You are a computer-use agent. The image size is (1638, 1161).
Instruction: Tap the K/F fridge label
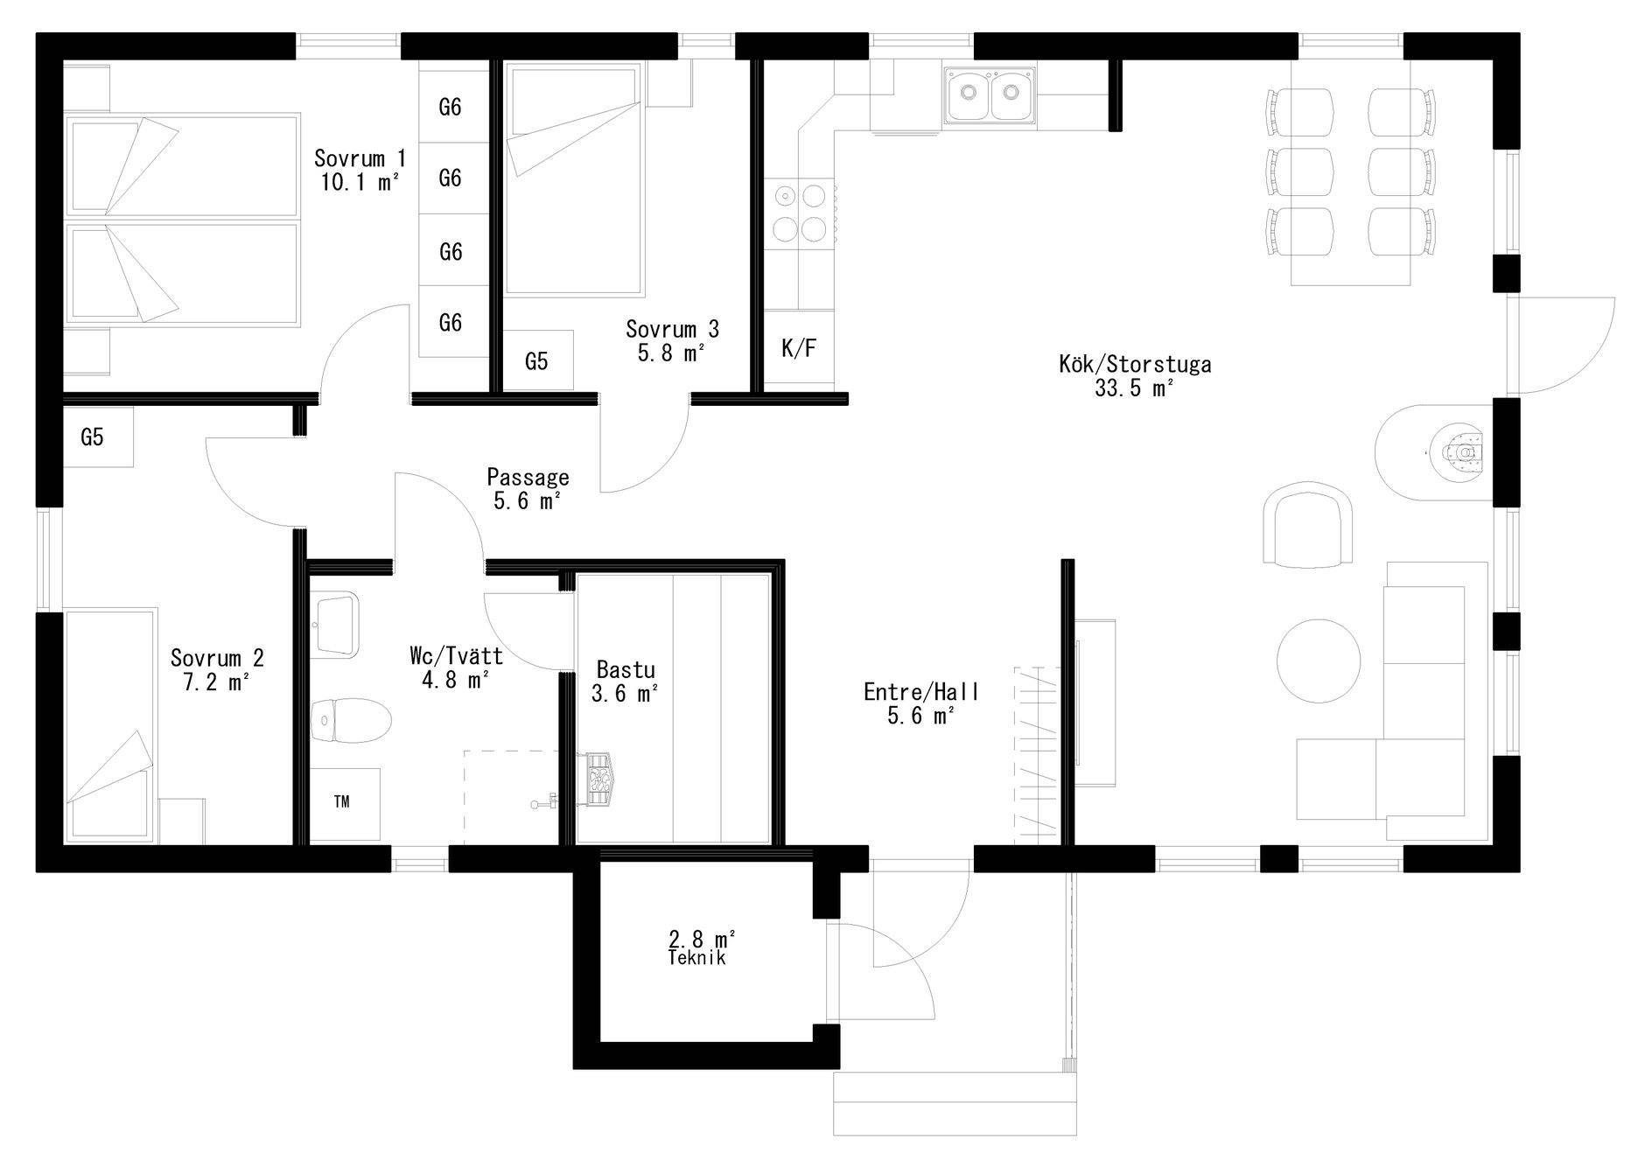coord(799,349)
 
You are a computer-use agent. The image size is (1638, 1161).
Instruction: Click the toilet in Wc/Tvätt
coord(350,720)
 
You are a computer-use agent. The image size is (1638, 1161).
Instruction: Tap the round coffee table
coord(1319,661)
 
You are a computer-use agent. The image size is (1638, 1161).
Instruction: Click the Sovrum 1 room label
coord(360,159)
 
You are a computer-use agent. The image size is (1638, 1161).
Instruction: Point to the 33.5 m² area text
coord(1134,389)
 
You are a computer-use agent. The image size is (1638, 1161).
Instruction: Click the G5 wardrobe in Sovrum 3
coord(537,360)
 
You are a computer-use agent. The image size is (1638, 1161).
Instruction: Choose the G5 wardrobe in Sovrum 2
coord(98,437)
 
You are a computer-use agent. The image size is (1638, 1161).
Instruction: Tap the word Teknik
coord(696,958)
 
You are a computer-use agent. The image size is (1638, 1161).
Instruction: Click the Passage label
coord(528,478)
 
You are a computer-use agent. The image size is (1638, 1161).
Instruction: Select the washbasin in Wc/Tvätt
coord(337,623)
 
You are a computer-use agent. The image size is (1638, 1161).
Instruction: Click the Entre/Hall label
coord(921,692)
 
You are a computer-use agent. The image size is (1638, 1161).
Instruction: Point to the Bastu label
coord(626,670)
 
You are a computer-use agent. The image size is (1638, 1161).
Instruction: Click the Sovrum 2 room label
coord(217,658)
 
